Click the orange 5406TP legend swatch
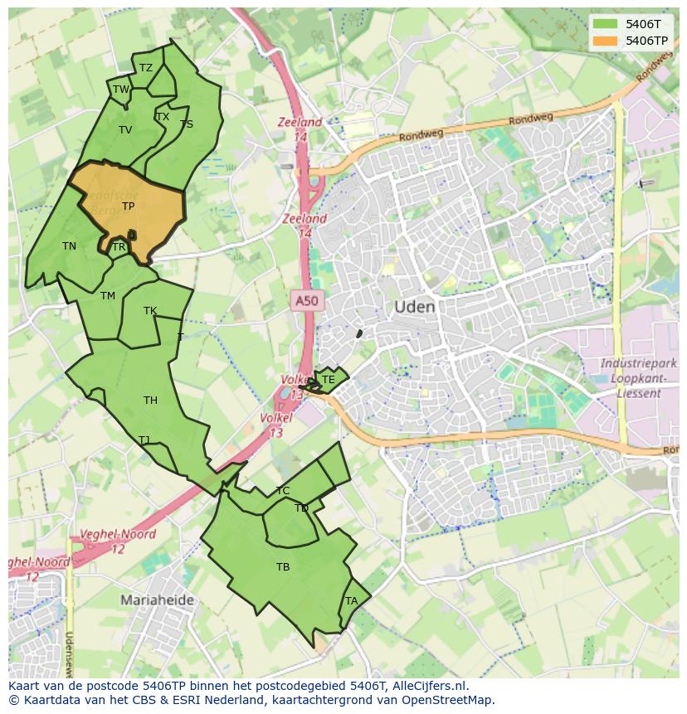(x=606, y=41)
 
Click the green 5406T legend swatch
(x=606, y=24)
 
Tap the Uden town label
(x=414, y=307)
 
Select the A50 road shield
(x=306, y=301)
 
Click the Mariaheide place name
(x=157, y=600)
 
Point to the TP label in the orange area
(x=128, y=206)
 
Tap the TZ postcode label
(x=146, y=69)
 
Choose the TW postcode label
(x=121, y=90)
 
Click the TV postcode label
(x=125, y=130)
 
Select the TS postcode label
(x=187, y=124)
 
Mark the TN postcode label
(x=69, y=246)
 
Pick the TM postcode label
(x=108, y=296)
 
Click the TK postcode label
(x=150, y=312)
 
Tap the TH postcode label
(x=150, y=401)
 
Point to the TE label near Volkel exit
(x=328, y=381)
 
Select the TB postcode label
(x=283, y=567)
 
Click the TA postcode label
(x=351, y=601)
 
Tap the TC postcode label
(x=283, y=491)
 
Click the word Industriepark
(x=638, y=364)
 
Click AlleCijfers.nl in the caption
(x=429, y=686)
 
